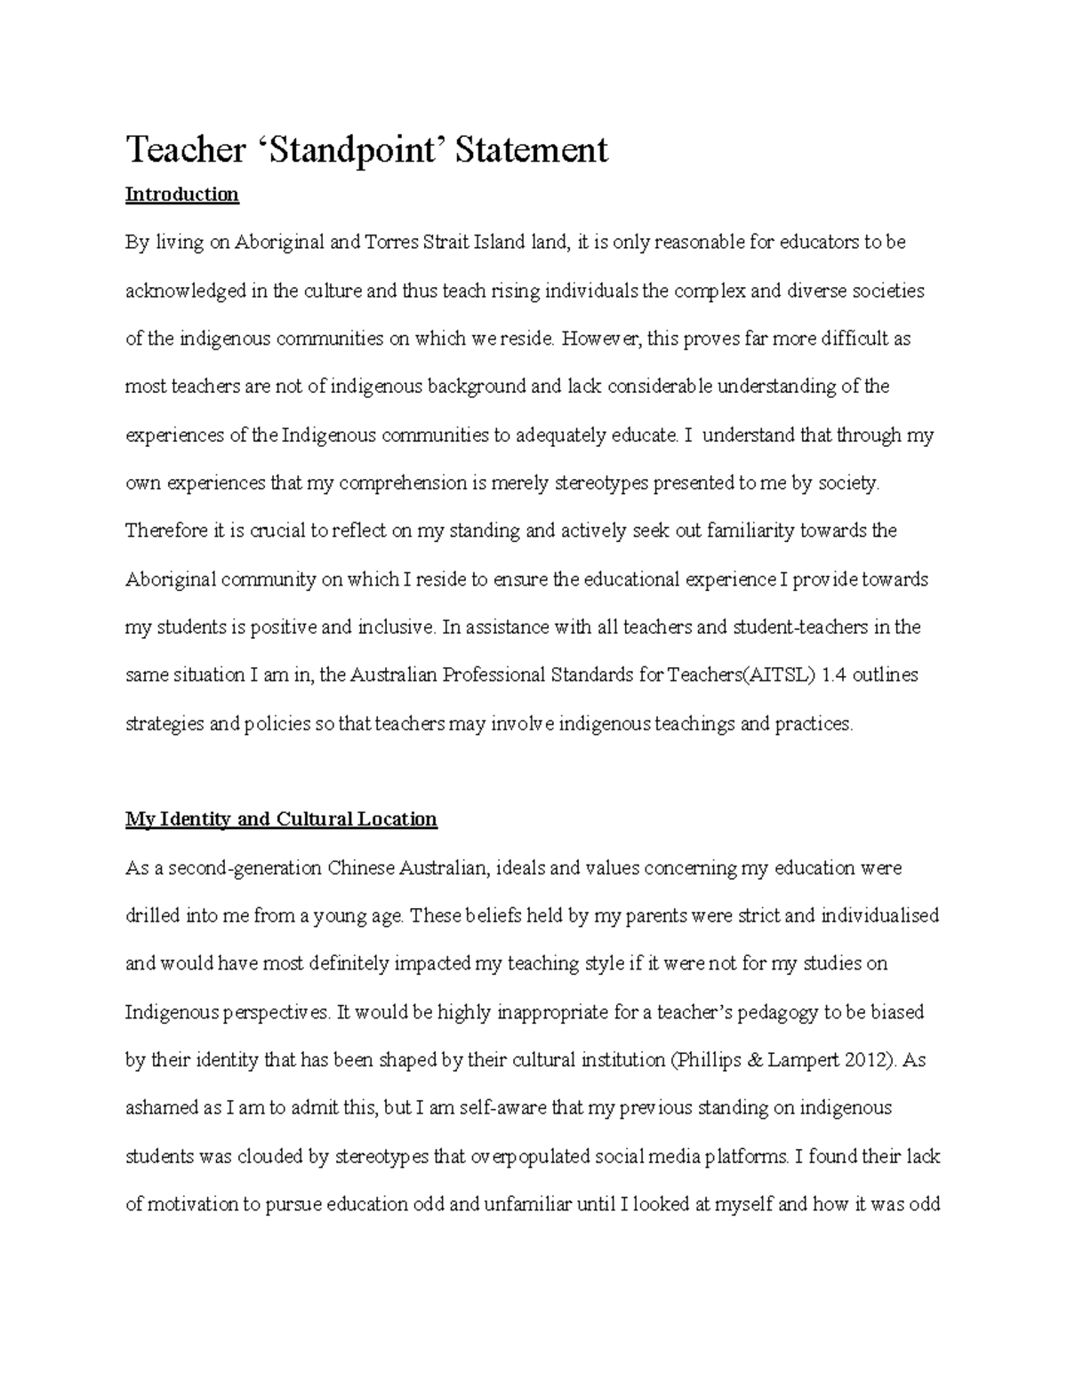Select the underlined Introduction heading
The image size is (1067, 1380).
coord(182,195)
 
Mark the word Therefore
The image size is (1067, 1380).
coord(165,531)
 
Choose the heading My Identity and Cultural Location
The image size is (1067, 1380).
coord(281,819)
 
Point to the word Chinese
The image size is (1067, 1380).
coord(360,868)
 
